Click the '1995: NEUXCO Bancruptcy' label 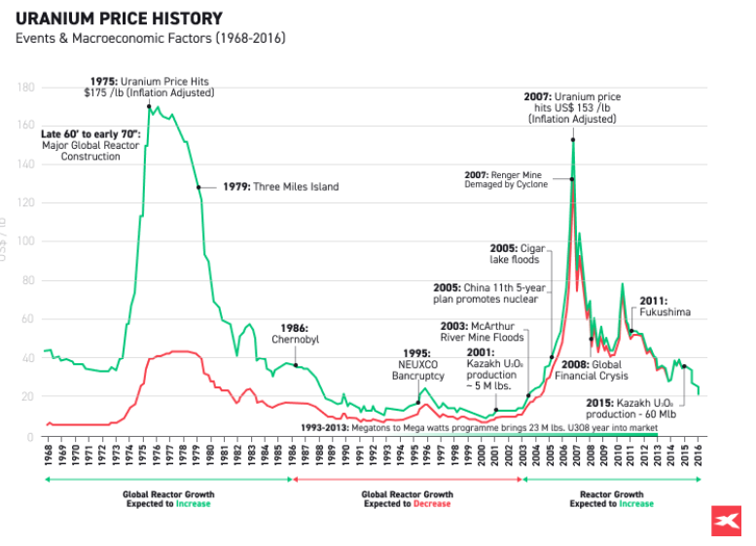[417, 364]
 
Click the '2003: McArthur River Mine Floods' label [482, 331]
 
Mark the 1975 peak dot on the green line [149, 106]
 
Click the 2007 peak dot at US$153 [572, 140]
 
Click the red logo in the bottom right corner [723, 522]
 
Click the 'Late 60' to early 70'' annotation [90, 144]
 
